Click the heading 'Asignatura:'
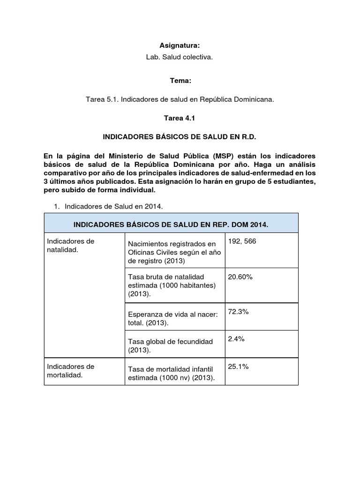click(x=180, y=45)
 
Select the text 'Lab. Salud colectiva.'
click(x=180, y=57)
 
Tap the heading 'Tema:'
click(x=180, y=81)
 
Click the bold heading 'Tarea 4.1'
click(x=180, y=119)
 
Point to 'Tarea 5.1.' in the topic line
click(x=101, y=100)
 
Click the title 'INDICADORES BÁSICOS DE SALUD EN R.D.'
click(x=180, y=137)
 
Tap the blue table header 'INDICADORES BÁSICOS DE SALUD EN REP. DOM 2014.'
click(x=171, y=225)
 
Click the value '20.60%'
click(x=240, y=277)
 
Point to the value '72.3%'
click(x=238, y=312)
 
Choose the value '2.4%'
click(x=236, y=339)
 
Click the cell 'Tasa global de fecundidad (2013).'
click(x=171, y=346)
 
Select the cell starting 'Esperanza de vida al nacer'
click(x=173, y=319)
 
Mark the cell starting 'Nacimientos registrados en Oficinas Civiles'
click(x=172, y=252)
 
